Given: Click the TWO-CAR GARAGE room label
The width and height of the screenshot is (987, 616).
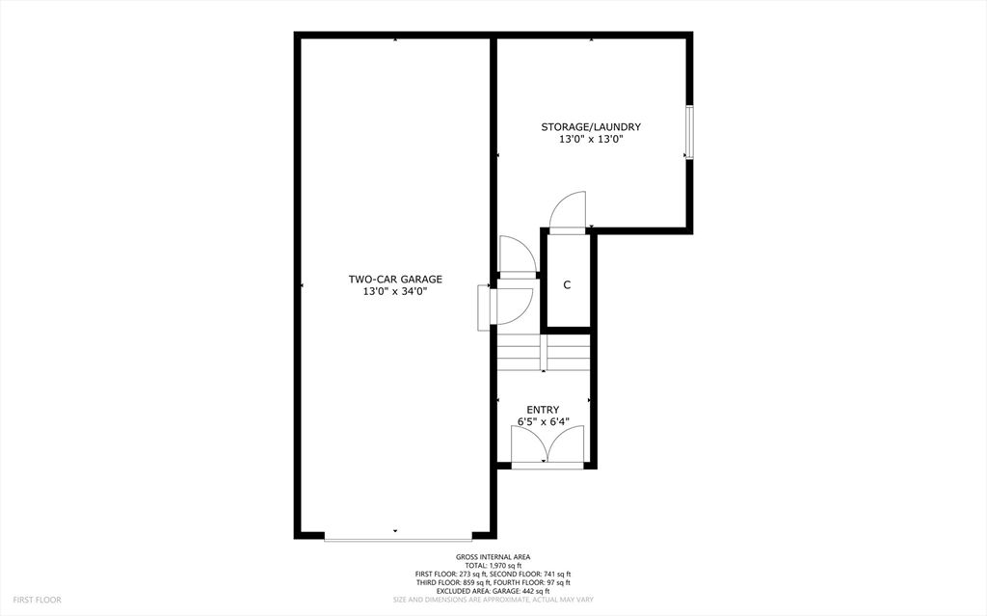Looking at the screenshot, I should [x=395, y=280].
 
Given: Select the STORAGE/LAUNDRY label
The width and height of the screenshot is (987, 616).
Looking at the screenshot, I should [x=591, y=127].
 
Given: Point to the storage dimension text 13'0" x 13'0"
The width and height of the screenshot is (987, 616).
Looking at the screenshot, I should [x=591, y=139].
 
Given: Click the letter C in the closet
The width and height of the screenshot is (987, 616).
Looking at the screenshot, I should [x=567, y=285].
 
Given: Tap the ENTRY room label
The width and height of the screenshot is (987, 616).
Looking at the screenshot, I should [x=543, y=410].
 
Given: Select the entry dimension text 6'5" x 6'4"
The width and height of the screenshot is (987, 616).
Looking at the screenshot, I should [x=543, y=421].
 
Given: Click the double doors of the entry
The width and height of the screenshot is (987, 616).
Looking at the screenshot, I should [x=546, y=448].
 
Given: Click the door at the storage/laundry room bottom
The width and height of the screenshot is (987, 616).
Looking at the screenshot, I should [x=567, y=212].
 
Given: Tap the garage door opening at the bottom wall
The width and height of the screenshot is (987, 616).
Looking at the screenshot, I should [x=398, y=536].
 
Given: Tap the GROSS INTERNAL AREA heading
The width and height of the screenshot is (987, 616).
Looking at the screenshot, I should [x=493, y=557].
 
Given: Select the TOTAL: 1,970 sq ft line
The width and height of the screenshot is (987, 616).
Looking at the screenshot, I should [x=493, y=566].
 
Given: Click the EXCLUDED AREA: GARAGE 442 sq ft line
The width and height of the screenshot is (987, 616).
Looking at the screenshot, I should [x=493, y=591].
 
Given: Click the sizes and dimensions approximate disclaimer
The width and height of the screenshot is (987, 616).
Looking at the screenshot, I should [x=493, y=600].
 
